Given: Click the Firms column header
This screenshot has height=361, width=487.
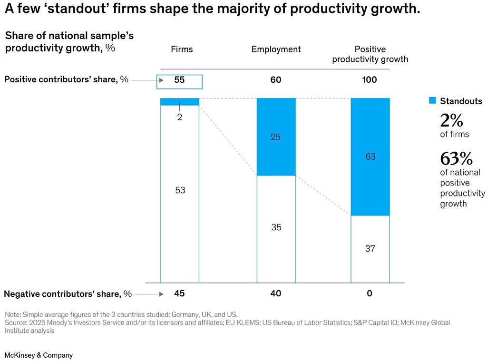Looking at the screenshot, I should (x=182, y=49).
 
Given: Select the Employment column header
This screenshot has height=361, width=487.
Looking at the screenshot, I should (x=276, y=49).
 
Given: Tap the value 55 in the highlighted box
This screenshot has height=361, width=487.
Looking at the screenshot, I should (x=179, y=80).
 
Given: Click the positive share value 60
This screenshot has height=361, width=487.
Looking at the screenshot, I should (x=276, y=80).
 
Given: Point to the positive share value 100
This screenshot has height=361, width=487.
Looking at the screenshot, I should (x=370, y=80).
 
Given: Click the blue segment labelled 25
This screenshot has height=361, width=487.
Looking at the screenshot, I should (x=276, y=137).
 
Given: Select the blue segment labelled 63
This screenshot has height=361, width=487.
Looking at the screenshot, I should (x=370, y=157).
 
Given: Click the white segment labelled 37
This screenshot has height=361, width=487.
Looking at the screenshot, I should (x=370, y=249).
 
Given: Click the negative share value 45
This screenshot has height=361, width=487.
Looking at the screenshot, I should (x=179, y=293).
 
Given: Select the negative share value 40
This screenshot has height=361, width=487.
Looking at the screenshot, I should (x=276, y=293).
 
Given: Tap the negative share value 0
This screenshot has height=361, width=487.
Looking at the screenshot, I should (x=370, y=293).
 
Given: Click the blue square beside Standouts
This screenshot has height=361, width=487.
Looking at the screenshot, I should (x=432, y=101).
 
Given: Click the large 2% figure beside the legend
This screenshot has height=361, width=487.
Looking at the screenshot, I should (x=452, y=120).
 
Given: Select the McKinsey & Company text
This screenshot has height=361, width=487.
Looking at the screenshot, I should (x=39, y=355).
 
